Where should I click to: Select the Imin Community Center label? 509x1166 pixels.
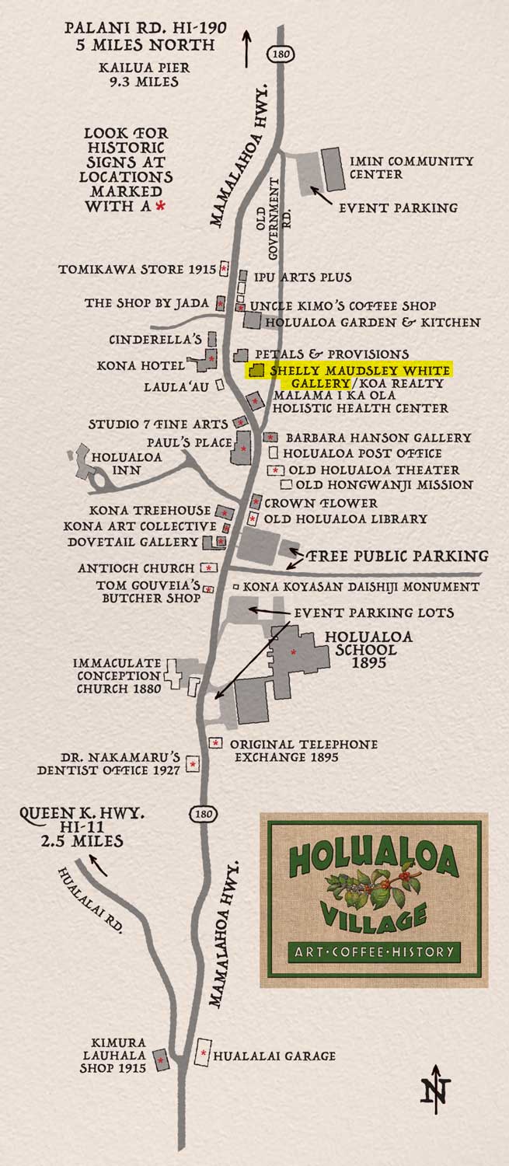click(x=411, y=167)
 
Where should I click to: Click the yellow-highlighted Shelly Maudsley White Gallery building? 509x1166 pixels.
click(x=256, y=371)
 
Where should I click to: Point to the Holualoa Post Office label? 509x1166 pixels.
click(x=362, y=453)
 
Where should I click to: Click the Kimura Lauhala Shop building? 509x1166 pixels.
click(x=162, y=1061)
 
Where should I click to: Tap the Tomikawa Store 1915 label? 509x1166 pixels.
click(x=137, y=270)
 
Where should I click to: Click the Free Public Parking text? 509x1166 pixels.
click(x=397, y=556)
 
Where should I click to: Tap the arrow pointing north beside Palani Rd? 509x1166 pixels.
click(x=249, y=47)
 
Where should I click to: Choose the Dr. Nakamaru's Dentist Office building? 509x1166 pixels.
click(x=193, y=764)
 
